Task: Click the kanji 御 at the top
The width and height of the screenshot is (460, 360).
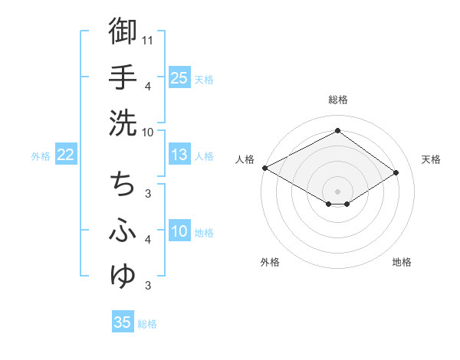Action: tap(123, 32)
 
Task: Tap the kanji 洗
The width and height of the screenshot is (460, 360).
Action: tap(123, 123)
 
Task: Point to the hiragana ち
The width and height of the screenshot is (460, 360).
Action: tap(123, 184)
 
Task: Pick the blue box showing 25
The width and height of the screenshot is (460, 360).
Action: tap(179, 78)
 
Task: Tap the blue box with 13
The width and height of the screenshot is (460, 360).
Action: tap(179, 155)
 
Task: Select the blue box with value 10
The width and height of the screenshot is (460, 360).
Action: tap(179, 232)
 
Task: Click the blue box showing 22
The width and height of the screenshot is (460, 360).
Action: tap(65, 155)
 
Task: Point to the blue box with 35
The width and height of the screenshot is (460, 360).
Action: tap(122, 322)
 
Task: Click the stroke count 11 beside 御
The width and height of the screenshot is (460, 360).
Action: tap(148, 39)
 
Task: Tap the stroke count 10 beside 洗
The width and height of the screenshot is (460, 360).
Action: tap(148, 131)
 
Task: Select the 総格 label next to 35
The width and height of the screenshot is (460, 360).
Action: tap(147, 324)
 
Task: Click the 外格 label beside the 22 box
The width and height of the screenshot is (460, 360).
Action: tap(41, 156)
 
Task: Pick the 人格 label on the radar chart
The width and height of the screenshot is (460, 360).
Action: tap(245, 159)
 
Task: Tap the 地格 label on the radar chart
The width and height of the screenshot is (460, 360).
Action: tap(402, 262)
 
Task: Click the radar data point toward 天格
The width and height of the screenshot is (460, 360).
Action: tap(396, 172)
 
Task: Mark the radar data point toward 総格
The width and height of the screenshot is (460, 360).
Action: tap(337, 131)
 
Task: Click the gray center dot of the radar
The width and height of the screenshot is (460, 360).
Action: tap(337, 190)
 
